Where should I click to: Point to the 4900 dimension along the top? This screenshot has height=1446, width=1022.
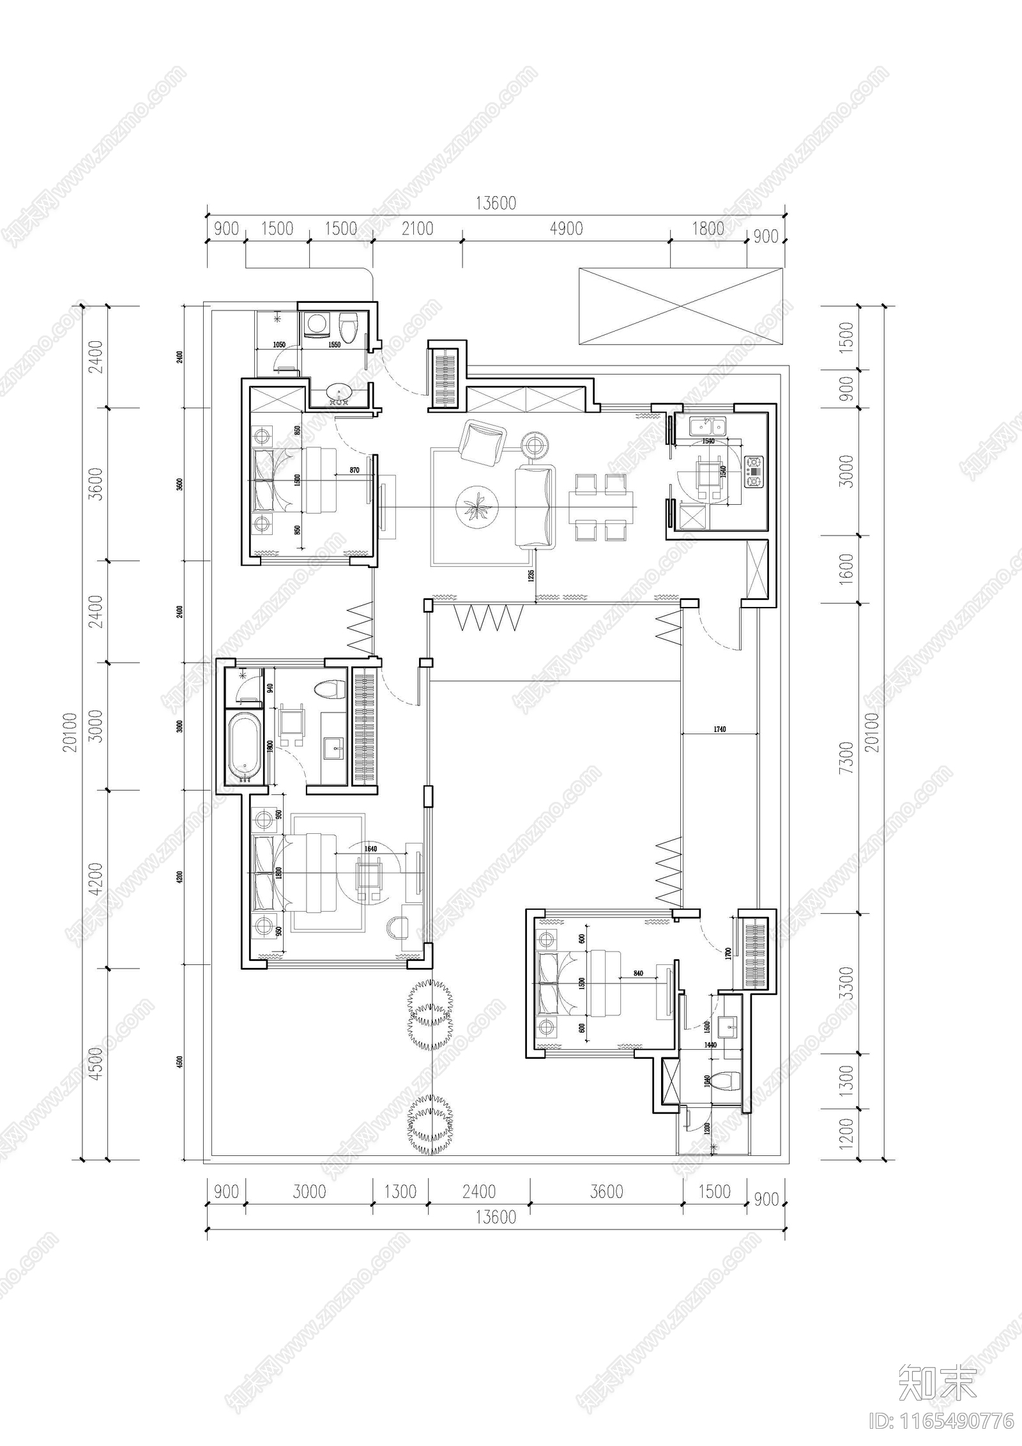(566, 228)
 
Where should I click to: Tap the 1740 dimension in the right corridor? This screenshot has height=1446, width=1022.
(718, 728)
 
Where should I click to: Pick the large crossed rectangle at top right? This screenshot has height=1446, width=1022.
(681, 306)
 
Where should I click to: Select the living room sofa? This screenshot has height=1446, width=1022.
(535, 506)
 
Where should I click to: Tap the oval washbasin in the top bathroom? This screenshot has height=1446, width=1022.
(337, 392)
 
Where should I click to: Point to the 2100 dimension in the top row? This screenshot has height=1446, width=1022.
(417, 228)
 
